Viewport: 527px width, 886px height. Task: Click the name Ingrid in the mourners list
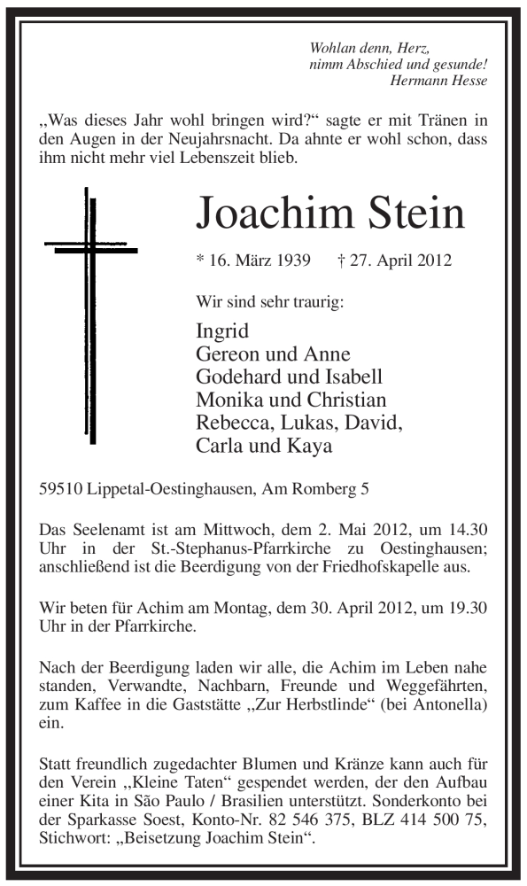222,331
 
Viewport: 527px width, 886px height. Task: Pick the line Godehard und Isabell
289,377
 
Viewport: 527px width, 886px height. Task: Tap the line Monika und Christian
291,400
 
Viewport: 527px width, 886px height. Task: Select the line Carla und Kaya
264,446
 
